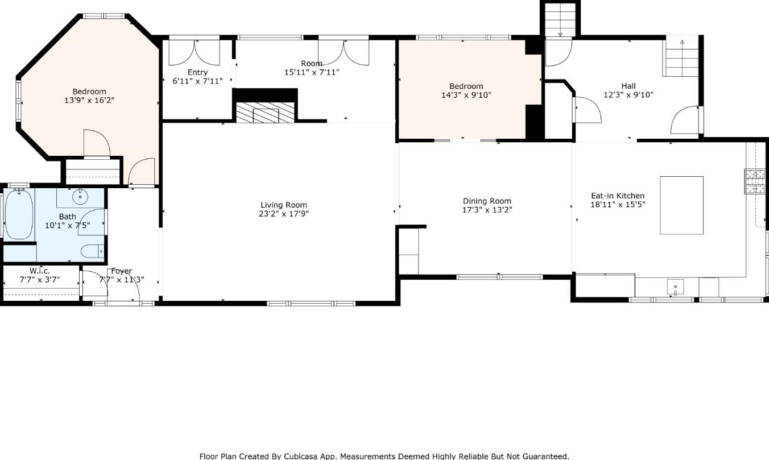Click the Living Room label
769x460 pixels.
point(283,205)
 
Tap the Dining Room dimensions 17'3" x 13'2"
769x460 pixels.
point(486,210)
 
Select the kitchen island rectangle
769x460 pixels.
point(681,205)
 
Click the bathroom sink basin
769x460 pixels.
point(80,197)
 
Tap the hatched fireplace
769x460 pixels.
point(266,113)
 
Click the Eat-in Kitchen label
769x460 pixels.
point(617,196)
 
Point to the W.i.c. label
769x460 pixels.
point(40,271)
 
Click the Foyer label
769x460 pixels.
point(122,271)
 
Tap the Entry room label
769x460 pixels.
point(197,73)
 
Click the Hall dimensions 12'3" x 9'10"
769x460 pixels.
point(628,95)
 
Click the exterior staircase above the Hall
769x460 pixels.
point(560,20)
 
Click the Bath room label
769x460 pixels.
point(67,217)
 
